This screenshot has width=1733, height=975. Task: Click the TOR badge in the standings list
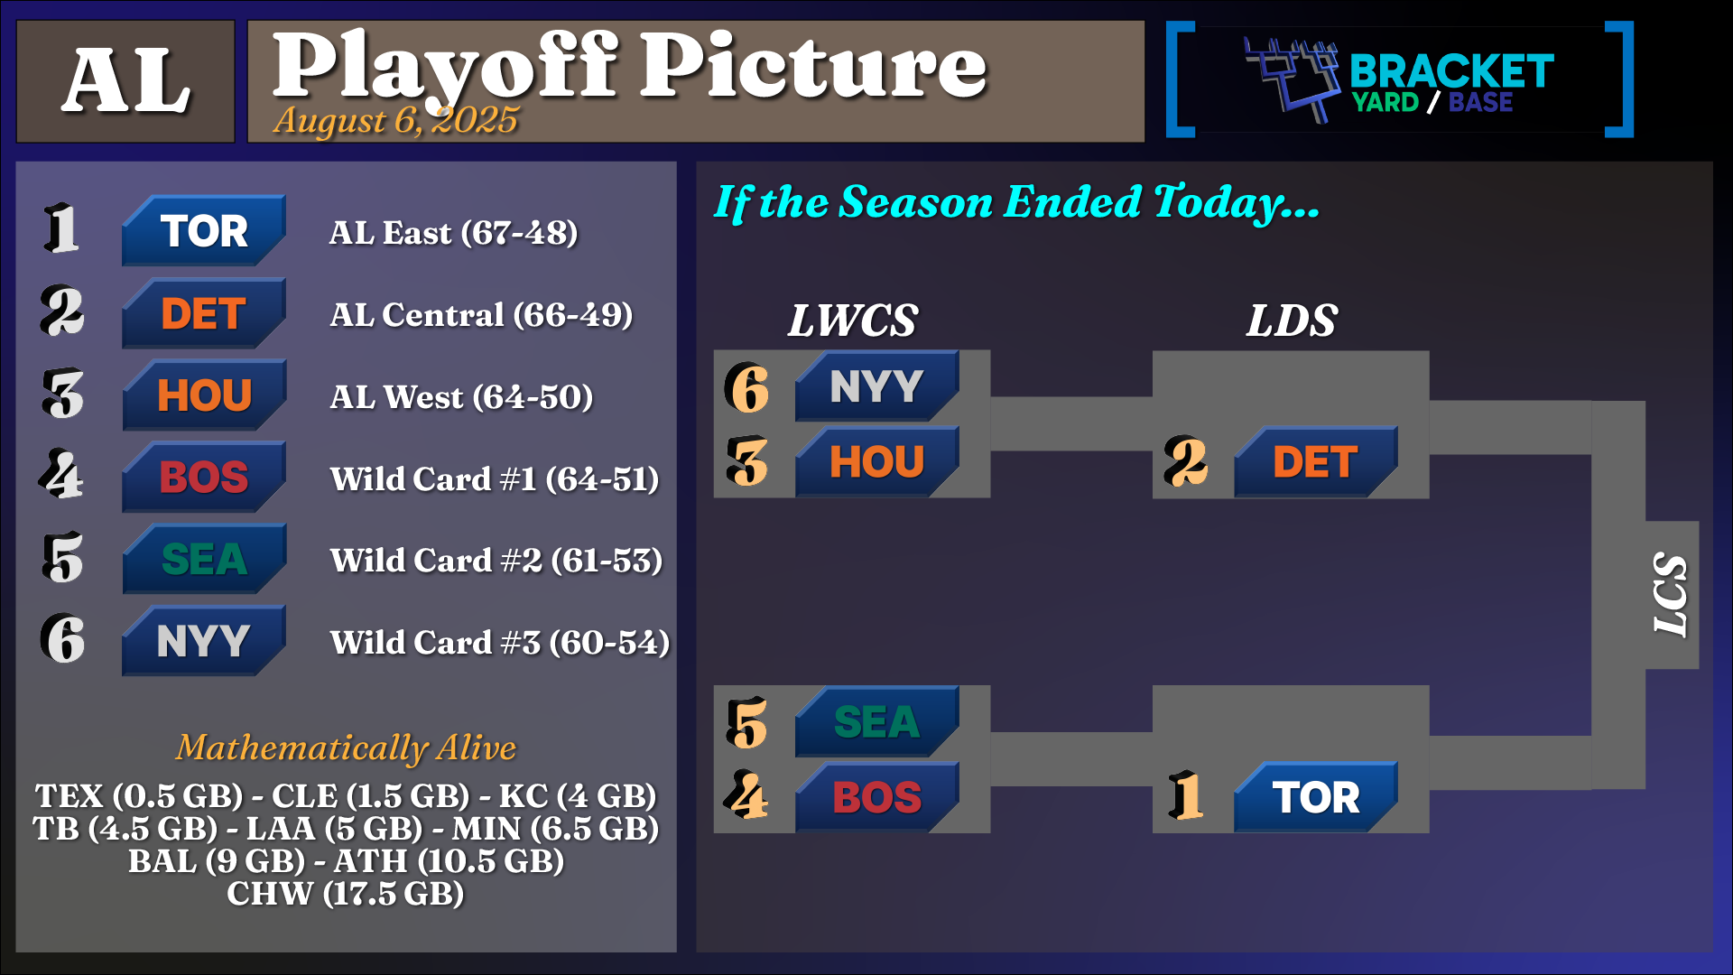204,230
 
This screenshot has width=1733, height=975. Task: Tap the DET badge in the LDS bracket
1316,461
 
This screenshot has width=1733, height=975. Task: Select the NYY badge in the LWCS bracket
876,386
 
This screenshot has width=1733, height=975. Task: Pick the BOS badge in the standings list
204,477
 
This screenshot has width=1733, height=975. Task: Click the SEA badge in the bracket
876,721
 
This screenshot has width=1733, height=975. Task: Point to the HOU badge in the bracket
876,461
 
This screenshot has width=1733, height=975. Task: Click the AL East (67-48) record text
453,233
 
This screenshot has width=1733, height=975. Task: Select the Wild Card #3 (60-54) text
500,643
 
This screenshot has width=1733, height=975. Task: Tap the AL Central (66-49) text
481,315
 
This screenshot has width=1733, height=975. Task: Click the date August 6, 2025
396,120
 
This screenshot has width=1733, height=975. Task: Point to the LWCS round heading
853,320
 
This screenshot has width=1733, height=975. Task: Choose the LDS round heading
1292,320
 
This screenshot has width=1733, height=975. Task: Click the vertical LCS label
1671,595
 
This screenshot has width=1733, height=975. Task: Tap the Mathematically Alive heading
346,747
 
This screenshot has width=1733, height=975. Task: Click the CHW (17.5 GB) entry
346,894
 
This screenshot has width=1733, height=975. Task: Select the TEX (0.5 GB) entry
139,796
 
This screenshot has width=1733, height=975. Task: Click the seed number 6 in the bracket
747,388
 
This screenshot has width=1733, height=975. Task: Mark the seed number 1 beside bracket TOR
1186,796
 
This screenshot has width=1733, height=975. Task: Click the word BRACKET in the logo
1451,71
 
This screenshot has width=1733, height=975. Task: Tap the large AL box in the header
125,81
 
